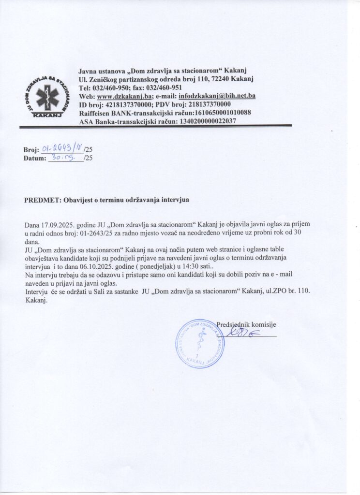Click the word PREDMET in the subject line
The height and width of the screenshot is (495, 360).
point(41,199)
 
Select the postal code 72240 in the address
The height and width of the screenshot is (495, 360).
point(221,79)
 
